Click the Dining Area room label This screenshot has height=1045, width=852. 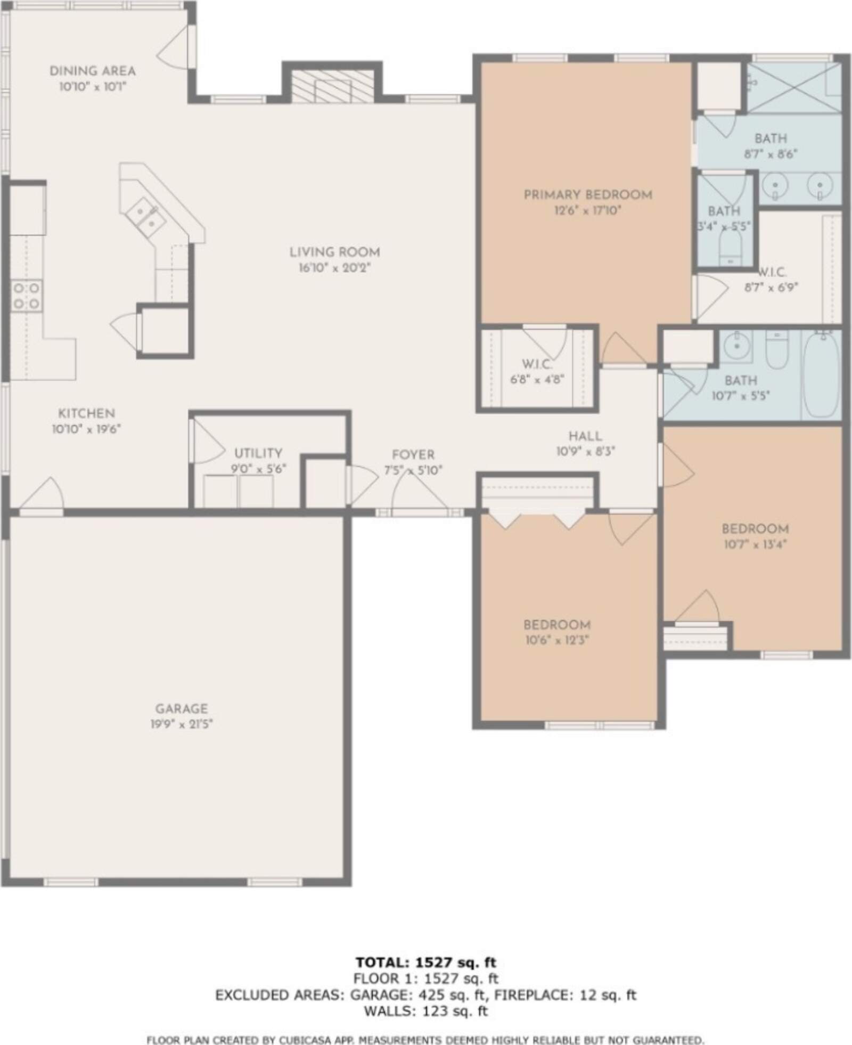93,71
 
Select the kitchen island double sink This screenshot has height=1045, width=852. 145,216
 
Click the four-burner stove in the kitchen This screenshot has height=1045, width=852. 27,296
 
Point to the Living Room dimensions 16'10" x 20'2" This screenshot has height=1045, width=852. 334,267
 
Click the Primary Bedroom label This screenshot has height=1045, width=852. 588,194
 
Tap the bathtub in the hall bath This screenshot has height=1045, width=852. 822,374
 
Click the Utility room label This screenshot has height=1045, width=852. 258,453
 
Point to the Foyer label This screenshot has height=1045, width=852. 413,455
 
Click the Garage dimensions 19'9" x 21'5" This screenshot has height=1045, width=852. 182,724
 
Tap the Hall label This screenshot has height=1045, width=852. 585,436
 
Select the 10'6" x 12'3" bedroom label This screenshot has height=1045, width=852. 557,625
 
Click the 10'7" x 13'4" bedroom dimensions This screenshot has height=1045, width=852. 755,544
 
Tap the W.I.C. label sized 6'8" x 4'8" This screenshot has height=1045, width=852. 537,365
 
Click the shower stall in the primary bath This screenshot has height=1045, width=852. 794,87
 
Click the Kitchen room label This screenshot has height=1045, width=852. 86,413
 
